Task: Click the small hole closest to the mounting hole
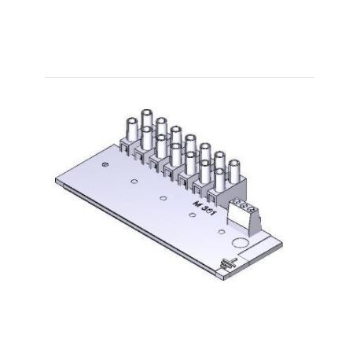point(135,182)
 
